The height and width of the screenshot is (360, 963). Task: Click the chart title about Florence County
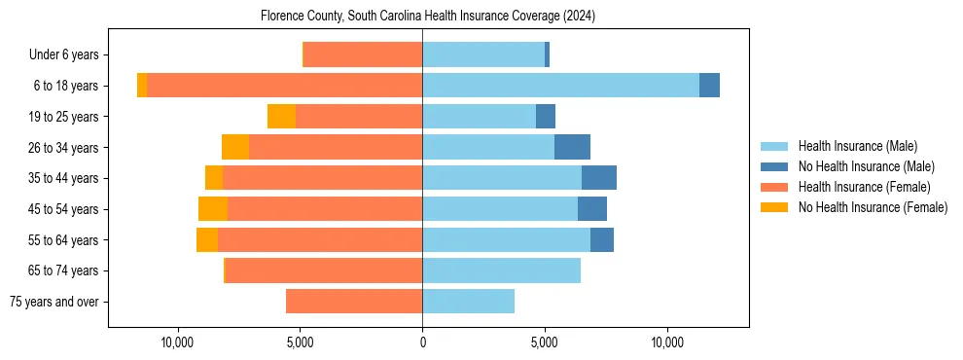click(x=428, y=17)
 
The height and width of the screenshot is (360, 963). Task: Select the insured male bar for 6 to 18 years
click(x=560, y=86)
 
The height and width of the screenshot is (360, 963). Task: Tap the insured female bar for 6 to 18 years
click(x=284, y=86)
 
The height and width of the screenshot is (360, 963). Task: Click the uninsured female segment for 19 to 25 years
click(x=281, y=117)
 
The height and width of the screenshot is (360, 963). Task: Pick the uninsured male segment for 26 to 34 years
click(x=572, y=147)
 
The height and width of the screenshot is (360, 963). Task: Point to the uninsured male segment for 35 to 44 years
click(x=599, y=178)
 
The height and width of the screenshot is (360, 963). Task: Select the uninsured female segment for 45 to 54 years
click(x=213, y=209)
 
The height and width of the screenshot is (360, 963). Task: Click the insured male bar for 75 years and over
click(x=468, y=302)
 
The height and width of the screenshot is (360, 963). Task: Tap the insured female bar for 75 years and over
click(x=354, y=302)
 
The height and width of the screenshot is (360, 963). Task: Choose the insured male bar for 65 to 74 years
click(x=501, y=270)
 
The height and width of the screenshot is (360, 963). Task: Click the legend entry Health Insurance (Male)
click(x=857, y=146)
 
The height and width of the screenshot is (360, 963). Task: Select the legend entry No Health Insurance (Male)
click(x=865, y=166)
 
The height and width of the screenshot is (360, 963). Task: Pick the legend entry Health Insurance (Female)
click(x=864, y=187)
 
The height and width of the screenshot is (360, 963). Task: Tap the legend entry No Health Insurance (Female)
click(x=872, y=207)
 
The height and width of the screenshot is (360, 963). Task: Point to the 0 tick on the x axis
click(x=422, y=343)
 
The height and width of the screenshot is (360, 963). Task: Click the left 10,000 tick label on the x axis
click(x=178, y=343)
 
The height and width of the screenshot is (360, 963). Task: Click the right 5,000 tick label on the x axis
click(x=545, y=343)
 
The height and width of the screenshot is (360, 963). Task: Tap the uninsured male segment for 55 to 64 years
click(x=602, y=240)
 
